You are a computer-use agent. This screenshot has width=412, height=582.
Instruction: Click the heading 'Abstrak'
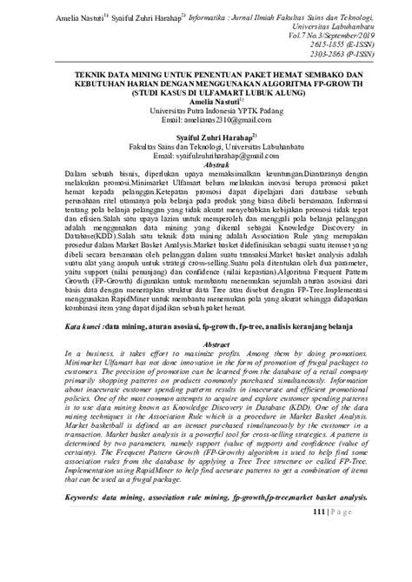(207, 163)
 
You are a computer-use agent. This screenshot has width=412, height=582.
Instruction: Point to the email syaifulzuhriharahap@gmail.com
(206, 155)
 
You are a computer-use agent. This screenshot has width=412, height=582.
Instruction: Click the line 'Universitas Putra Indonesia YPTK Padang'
(206, 111)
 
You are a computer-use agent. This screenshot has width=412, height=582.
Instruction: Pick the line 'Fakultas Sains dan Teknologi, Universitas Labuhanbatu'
(206, 146)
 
